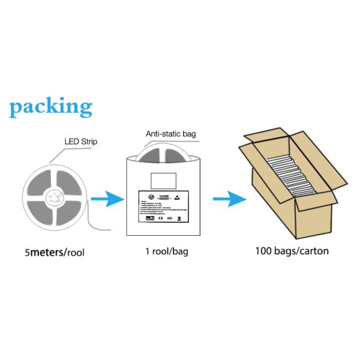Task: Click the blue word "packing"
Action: click(x=51, y=107)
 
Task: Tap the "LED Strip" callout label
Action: click(x=80, y=142)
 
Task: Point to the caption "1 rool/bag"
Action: click(x=167, y=251)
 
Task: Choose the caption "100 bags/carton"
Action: click(x=292, y=251)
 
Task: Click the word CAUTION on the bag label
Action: click(x=164, y=196)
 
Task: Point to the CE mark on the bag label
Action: click(x=160, y=218)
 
